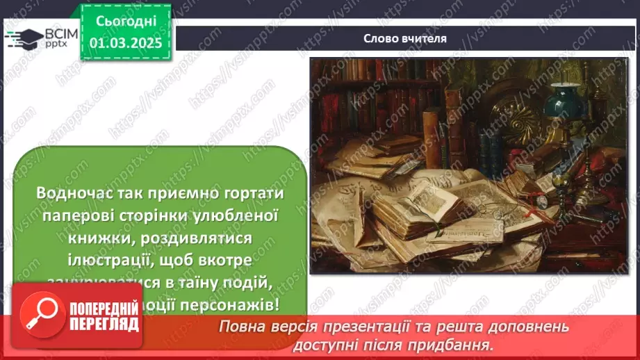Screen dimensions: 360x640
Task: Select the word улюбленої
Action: (236, 216)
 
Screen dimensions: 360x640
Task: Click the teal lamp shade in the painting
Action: (562, 104)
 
